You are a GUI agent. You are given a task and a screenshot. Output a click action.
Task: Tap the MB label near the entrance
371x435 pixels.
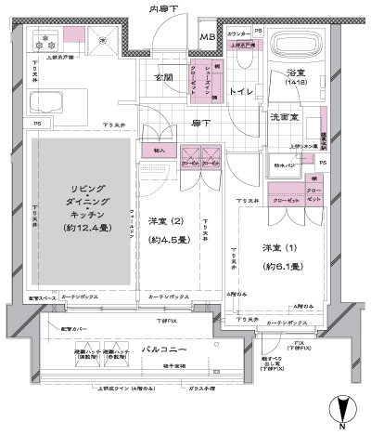coord(211,37)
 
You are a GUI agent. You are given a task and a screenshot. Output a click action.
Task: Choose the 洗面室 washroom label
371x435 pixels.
coord(284,120)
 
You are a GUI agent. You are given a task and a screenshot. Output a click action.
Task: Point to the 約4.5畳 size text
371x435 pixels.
coord(169,239)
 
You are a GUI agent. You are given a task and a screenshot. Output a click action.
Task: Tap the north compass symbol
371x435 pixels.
coord(343,409)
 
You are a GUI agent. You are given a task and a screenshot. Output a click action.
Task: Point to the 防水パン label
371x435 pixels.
coord(282,167)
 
